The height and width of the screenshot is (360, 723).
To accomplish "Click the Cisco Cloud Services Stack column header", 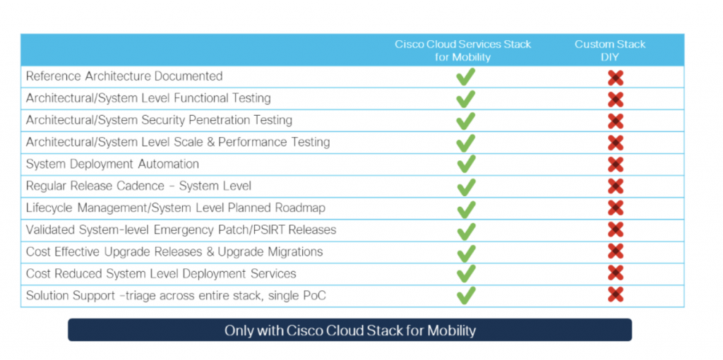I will tap(462, 50).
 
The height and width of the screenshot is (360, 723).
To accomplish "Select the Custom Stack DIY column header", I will tap(609, 50).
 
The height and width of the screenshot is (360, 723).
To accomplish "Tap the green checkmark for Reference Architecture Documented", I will tap(465, 77).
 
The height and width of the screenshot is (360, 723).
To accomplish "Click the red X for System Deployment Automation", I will tap(615, 164).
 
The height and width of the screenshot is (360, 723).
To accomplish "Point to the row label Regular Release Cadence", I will tap(138, 186).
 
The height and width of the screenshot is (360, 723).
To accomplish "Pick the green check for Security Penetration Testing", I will tap(465, 121).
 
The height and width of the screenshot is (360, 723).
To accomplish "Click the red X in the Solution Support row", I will tap(615, 296).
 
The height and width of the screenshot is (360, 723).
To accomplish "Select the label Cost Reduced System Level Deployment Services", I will tap(161, 274).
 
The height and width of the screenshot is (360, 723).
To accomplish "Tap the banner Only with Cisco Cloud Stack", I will tap(349, 330).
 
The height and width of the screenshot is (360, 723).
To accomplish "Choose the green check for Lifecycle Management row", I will tap(465, 209).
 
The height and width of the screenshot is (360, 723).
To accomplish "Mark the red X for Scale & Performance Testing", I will tap(615, 143).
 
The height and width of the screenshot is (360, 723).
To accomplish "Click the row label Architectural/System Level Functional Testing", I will tap(148, 99).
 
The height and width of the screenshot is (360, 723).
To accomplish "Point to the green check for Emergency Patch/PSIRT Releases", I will tap(465, 231).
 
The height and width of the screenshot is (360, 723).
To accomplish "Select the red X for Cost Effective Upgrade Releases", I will tap(615, 252).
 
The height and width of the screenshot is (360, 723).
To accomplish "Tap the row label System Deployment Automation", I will tap(112, 164).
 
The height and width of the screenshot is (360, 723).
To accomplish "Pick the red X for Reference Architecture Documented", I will tap(615, 78).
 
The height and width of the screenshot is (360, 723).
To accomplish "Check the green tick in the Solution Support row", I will tap(465, 296).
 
